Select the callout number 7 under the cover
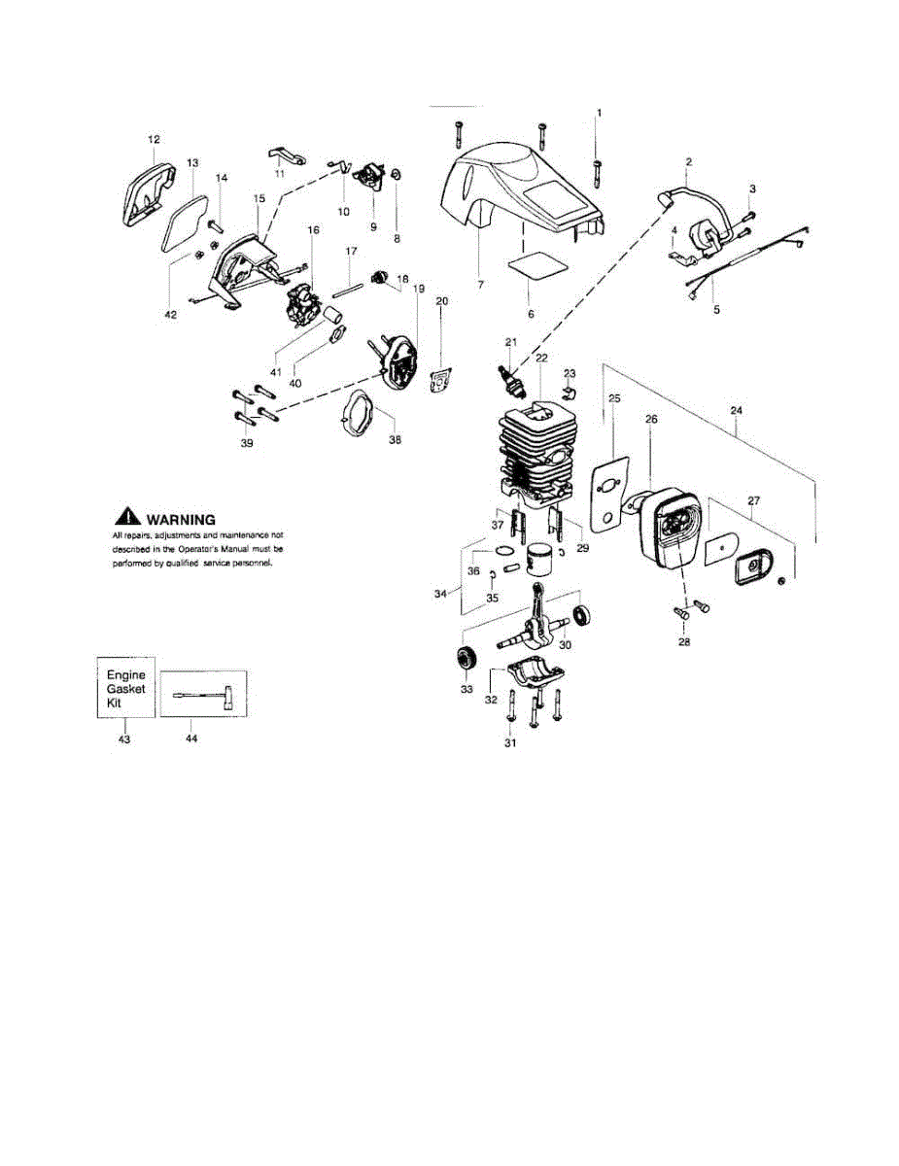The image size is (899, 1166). pyautogui.click(x=480, y=285)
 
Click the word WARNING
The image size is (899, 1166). pyautogui.click(x=180, y=520)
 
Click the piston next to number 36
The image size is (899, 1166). pyautogui.click(x=540, y=560)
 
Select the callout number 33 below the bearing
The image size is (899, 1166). pyautogui.click(x=467, y=689)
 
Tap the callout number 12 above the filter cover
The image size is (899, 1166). pyautogui.click(x=154, y=140)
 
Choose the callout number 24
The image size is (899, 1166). pyautogui.click(x=735, y=411)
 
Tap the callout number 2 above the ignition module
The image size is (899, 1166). pyautogui.click(x=688, y=161)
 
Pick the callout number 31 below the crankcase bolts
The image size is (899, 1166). pyautogui.click(x=510, y=743)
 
